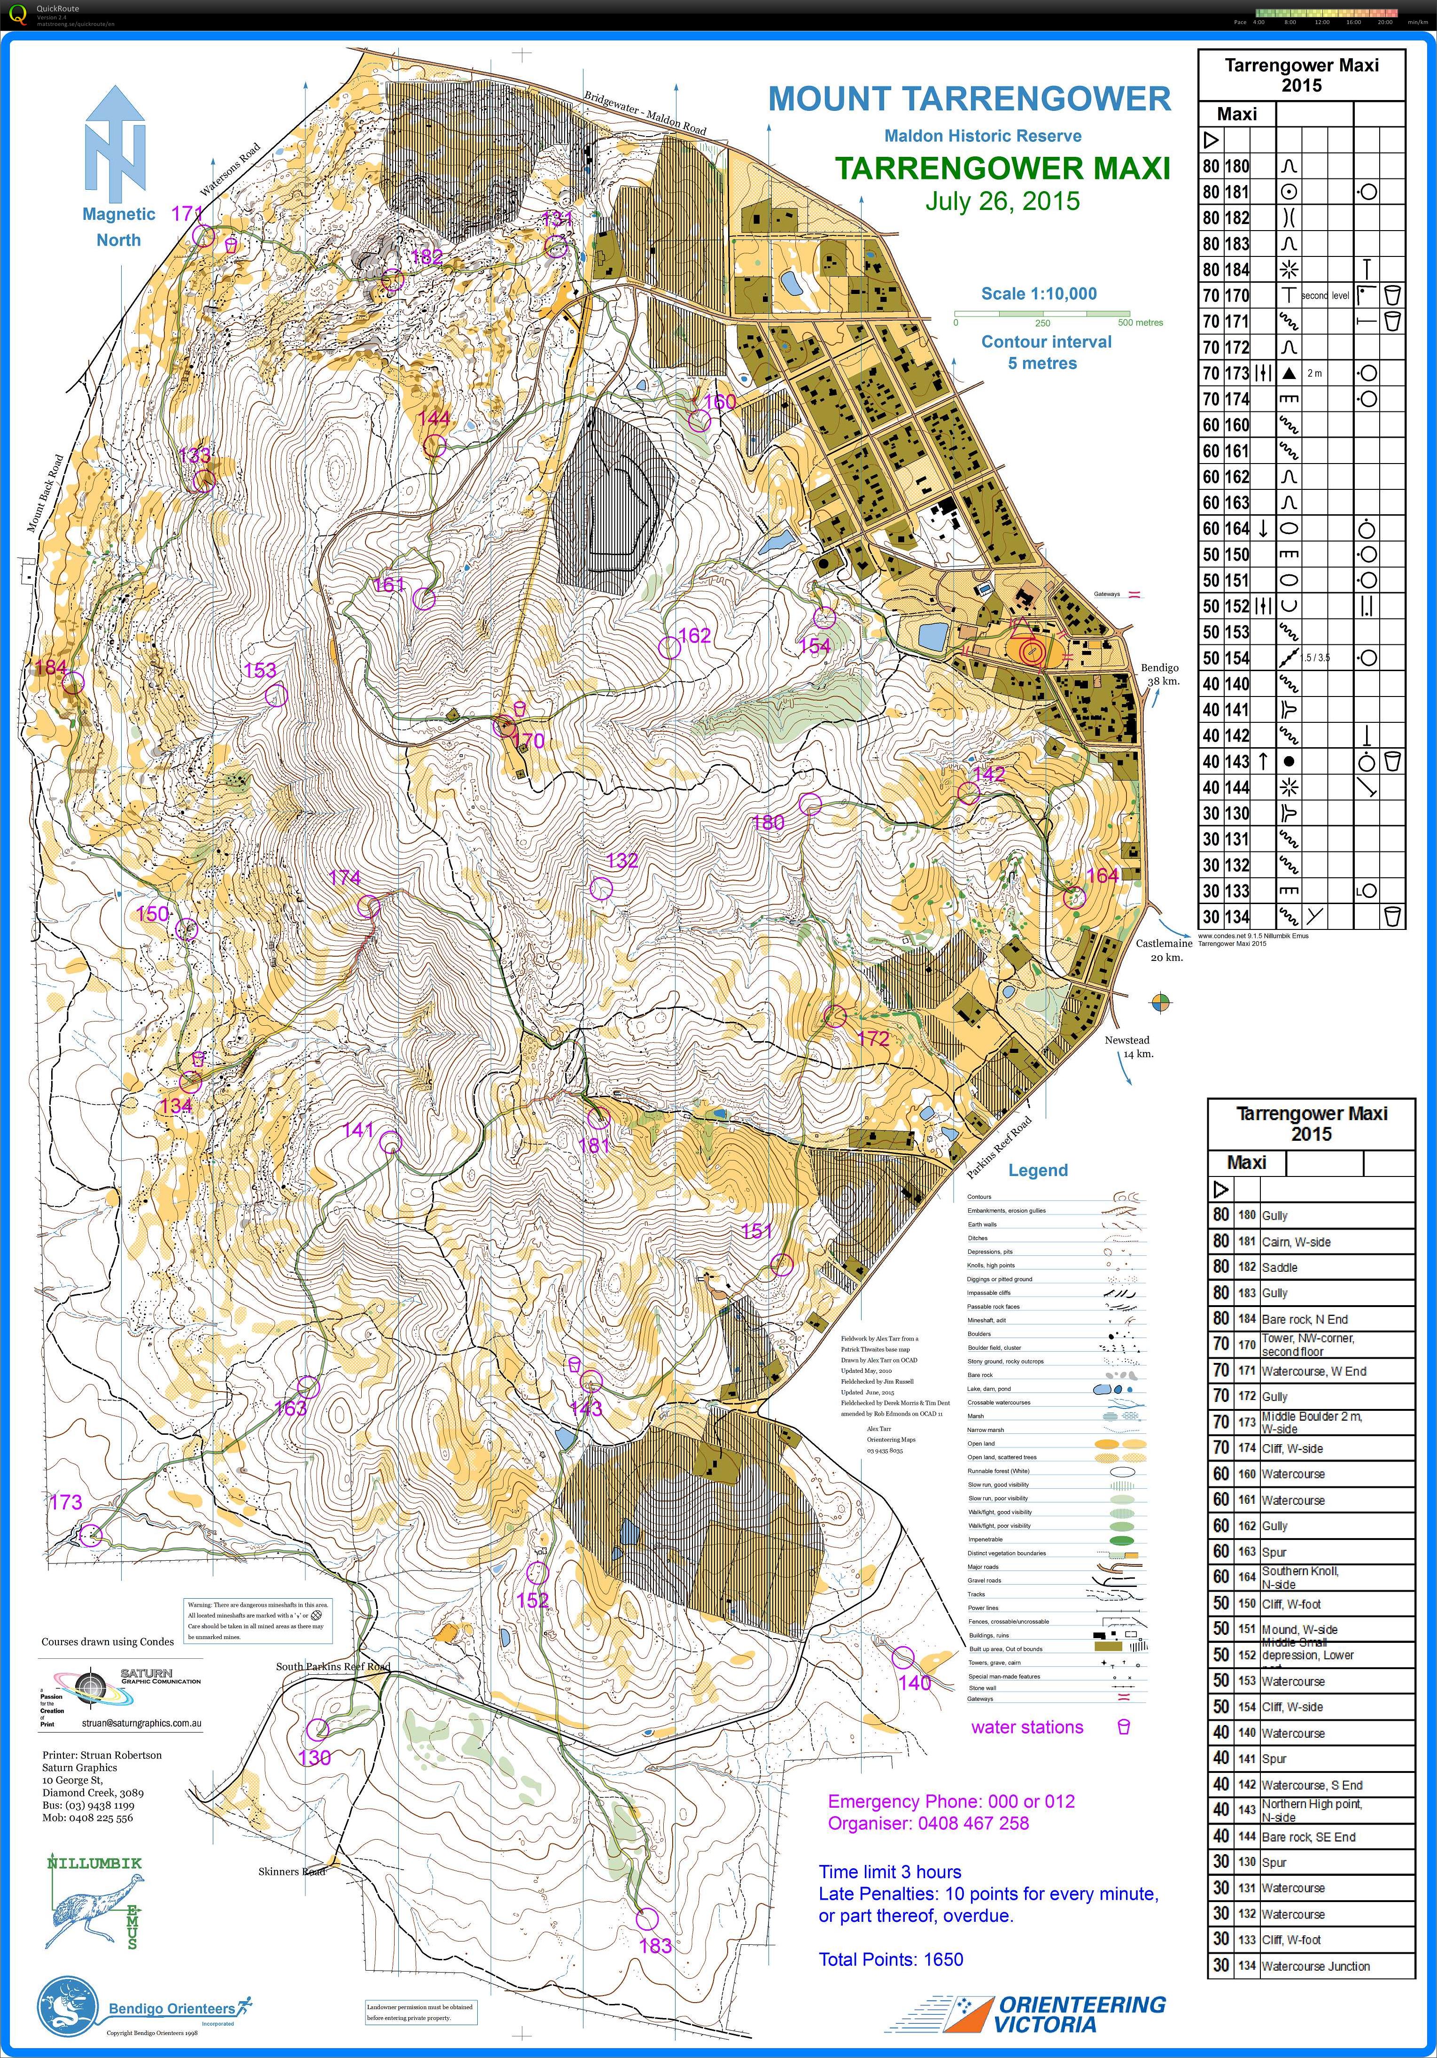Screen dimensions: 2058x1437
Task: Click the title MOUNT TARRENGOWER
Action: click(969, 99)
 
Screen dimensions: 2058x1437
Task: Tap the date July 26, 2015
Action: click(1002, 201)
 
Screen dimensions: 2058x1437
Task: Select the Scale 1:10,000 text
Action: click(1038, 294)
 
